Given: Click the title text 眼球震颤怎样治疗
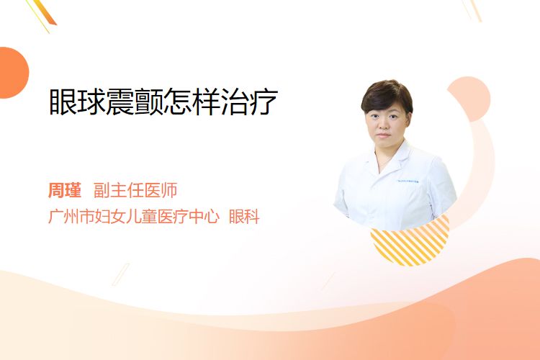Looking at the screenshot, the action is pos(163,102).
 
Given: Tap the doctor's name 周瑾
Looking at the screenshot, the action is pos(65,190).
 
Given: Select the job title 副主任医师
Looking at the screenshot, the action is pos(135,190).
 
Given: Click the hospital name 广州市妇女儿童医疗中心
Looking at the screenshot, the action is pos(134,217).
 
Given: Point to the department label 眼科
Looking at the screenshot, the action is pos(244,217).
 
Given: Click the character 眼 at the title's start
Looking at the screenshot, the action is pos(63,102).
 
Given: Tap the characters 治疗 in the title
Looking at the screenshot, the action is pos(249,102).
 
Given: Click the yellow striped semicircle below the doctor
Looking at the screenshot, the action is pos(410,243).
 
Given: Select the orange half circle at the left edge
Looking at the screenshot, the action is pos(14,73).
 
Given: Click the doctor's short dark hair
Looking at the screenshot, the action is pos(387,96).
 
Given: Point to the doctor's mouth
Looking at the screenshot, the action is pos(383,135).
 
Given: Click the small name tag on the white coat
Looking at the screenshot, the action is pos(408,181).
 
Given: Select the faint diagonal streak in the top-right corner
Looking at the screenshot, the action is pos(472,10).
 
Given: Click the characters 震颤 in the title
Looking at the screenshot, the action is pos(135,102).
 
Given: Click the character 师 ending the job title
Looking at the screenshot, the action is pos(169,190).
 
